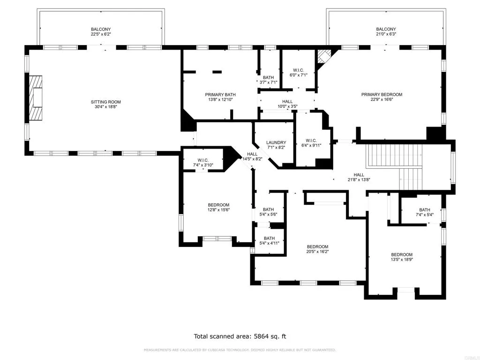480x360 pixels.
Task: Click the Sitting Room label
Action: (x=105, y=102)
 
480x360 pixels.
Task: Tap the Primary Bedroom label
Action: (x=382, y=94)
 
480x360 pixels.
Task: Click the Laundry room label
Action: (x=276, y=142)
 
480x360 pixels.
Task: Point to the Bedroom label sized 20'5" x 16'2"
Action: (x=317, y=247)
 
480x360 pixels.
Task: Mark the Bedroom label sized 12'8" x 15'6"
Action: (x=218, y=205)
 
